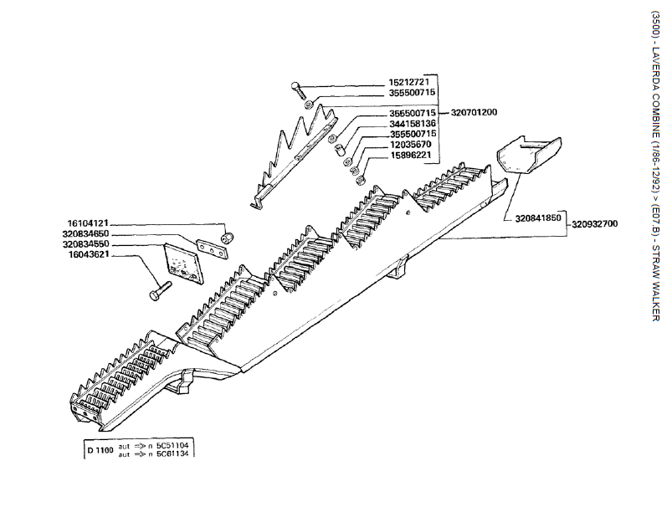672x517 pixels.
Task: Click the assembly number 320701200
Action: (x=475, y=112)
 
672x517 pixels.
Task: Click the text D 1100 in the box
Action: (x=100, y=449)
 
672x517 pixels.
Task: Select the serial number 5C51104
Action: (x=175, y=445)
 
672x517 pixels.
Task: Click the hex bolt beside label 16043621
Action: (x=159, y=291)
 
